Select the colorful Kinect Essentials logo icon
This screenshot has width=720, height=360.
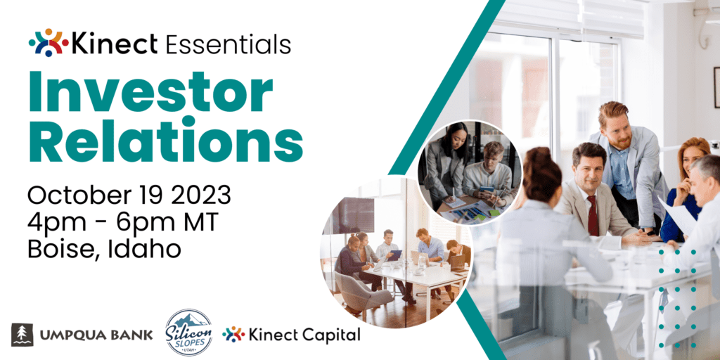49,43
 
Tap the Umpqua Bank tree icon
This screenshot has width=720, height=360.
22,334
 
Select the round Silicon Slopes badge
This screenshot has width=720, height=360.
188,333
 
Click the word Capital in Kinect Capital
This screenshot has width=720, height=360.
333,335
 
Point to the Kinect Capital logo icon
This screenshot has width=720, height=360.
233,334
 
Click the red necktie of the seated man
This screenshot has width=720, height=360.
593,215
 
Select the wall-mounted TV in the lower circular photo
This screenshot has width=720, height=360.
353,215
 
